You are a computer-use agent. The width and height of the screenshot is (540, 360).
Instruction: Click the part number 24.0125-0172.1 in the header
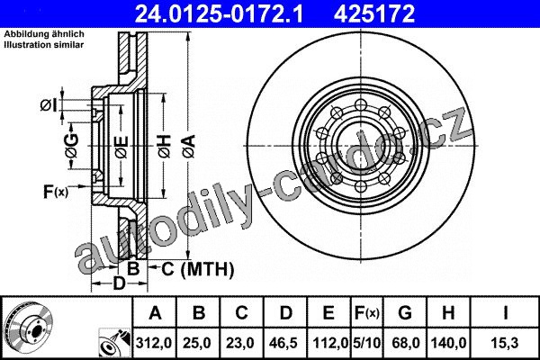[219, 13]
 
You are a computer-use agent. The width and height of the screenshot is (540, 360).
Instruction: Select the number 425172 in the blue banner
[374, 13]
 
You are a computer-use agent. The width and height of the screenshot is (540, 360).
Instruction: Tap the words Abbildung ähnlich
[44, 34]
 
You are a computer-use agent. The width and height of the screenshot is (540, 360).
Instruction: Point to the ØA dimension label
[189, 146]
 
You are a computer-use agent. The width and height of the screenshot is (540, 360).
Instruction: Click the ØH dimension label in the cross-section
[165, 146]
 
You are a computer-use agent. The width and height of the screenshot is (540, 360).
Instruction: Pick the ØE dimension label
[121, 147]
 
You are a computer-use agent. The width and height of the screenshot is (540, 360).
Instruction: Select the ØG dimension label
[72, 146]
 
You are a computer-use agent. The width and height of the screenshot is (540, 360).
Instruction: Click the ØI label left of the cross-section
[49, 105]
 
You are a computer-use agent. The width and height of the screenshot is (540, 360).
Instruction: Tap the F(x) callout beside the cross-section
[56, 192]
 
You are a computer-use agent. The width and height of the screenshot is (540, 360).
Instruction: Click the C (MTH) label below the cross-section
[198, 269]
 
